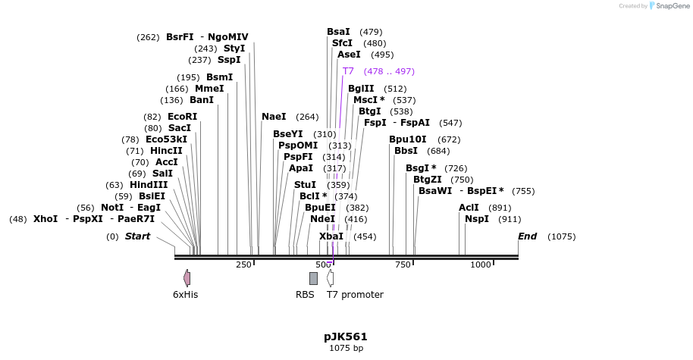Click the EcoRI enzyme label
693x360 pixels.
[x=182, y=117]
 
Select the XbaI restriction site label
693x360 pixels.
[x=331, y=236]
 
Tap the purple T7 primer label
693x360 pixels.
[x=348, y=71]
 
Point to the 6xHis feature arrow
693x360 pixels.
[x=187, y=278]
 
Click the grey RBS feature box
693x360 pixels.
[x=313, y=278]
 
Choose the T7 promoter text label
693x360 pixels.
[x=355, y=295]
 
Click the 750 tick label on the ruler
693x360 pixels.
[x=403, y=265]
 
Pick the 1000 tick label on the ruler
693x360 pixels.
[x=481, y=265]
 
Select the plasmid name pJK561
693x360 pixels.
[x=346, y=337]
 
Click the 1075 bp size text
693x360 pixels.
[x=346, y=349]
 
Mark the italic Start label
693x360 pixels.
[x=137, y=236]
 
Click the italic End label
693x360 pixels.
[x=527, y=236]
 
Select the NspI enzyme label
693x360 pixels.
[x=477, y=219]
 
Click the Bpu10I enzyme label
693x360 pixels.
[x=408, y=139]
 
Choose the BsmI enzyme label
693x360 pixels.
[x=220, y=77]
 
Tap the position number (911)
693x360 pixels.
[x=510, y=219]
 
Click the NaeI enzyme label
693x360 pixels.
[x=274, y=117]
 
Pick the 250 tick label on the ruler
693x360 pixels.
[x=243, y=265]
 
